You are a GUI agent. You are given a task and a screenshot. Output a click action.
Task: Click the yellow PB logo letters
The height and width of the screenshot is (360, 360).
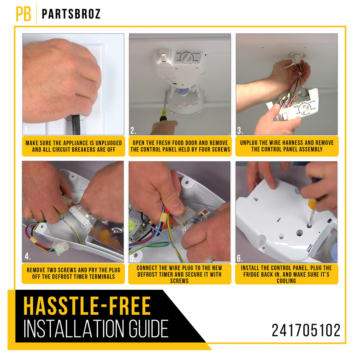pyautogui.click(x=23, y=14)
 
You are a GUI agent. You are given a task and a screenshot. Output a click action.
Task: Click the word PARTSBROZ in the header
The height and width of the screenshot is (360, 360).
pyautogui.click(x=71, y=14)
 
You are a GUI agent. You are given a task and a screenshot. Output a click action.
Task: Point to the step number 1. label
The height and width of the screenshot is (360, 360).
pyautogui.click(x=27, y=130)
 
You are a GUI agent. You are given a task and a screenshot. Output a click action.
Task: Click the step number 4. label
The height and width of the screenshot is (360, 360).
pyautogui.click(x=28, y=256)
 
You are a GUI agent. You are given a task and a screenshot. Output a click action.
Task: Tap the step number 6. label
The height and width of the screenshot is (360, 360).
pyautogui.click(x=240, y=258)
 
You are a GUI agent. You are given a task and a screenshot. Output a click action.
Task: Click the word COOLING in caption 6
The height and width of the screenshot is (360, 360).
pyautogui.click(x=286, y=281)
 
